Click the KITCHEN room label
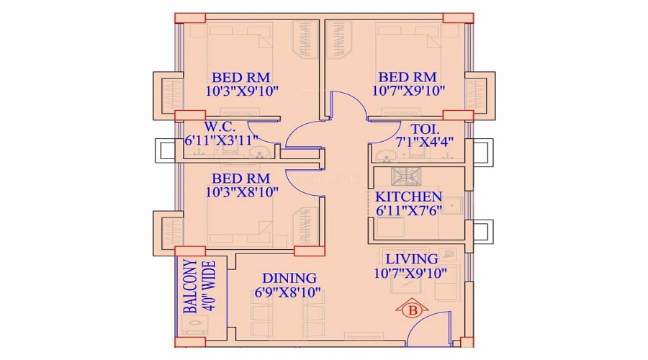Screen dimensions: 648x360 (408, 197)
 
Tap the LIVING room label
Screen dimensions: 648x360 (412, 259)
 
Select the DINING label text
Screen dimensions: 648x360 (289, 278)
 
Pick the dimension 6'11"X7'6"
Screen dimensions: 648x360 (409, 210)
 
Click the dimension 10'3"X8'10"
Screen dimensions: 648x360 (242, 192)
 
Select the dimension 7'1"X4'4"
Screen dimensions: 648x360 (424, 142)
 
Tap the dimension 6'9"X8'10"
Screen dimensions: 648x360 (287, 292)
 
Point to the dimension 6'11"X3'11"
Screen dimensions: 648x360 (222, 140)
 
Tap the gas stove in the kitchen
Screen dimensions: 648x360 (406, 176)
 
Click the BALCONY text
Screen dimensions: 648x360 (190, 286)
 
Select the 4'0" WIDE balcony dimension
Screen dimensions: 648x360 (210, 286)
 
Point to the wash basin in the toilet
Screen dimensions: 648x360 (387, 156)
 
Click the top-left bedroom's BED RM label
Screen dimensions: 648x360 (241, 77)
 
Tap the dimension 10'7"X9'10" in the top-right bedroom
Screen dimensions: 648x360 (408, 91)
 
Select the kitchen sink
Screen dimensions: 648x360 (454, 205)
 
